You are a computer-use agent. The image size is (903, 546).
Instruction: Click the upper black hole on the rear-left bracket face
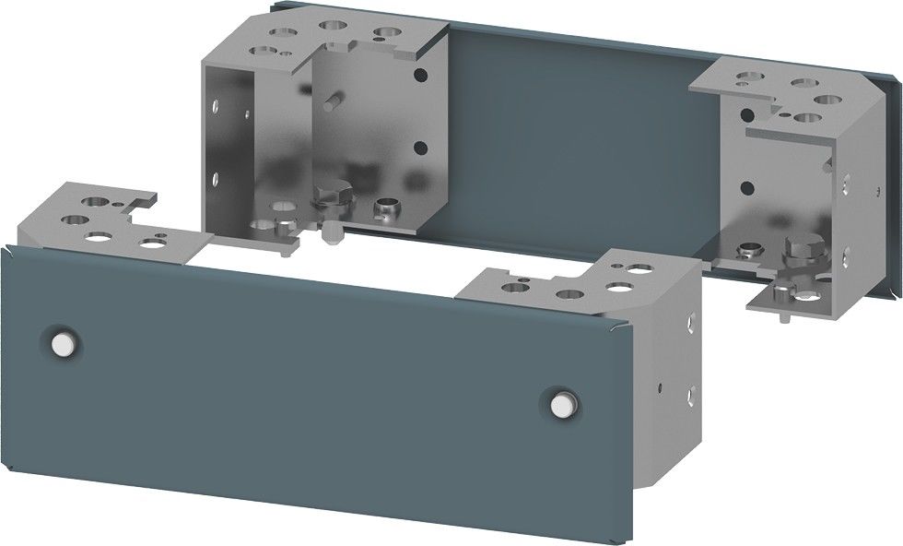point(419,77)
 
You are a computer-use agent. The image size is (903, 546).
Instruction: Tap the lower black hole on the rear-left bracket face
point(419,146)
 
